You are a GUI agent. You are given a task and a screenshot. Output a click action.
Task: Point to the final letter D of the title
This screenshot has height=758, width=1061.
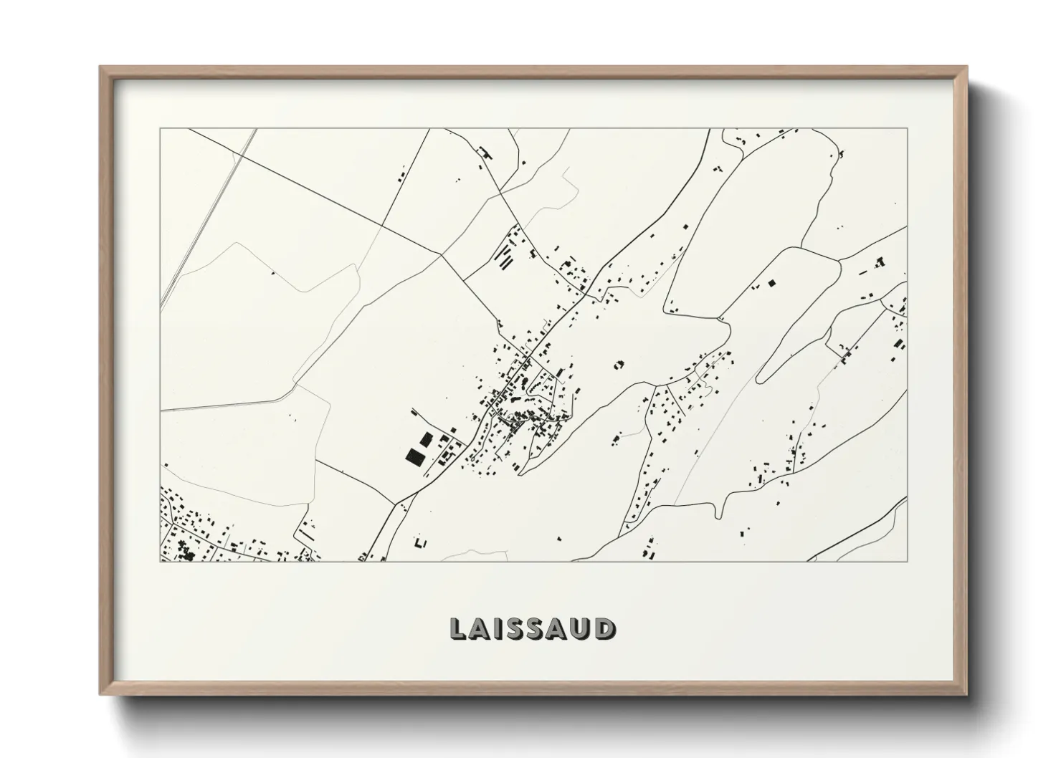604,628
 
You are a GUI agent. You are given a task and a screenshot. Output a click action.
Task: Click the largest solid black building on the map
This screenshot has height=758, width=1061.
414,456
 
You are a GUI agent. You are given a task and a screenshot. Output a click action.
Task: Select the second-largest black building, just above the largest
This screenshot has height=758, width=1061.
426,438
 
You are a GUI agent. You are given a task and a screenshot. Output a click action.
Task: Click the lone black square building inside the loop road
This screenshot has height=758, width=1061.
772,283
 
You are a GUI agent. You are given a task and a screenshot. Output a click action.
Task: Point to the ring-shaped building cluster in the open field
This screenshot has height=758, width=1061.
619,365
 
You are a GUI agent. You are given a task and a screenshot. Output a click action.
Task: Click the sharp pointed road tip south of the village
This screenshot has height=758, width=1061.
521,474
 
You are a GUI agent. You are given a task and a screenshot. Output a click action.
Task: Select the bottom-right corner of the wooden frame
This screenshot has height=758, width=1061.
966,694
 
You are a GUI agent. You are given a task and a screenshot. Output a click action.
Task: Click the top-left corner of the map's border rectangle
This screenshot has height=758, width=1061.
160,129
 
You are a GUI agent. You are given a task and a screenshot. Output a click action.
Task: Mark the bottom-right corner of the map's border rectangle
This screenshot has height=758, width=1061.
908,562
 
